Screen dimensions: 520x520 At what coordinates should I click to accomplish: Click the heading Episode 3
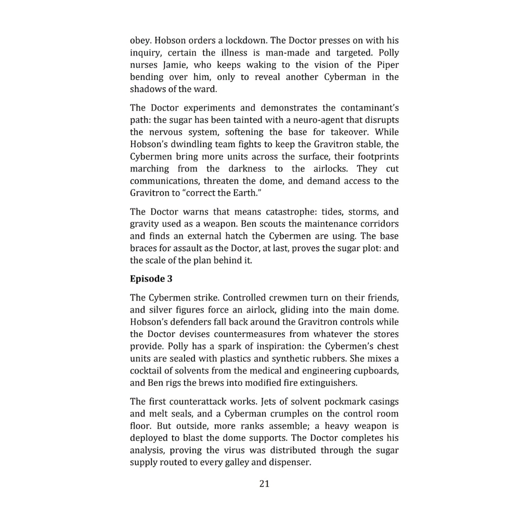point(151,279)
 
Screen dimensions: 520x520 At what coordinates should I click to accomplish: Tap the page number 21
point(264,484)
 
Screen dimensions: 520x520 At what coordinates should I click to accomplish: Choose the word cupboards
point(378,371)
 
